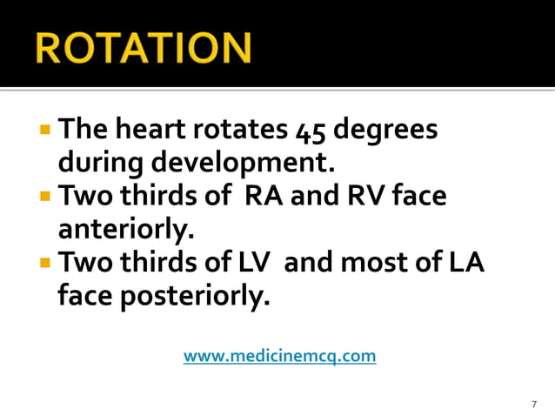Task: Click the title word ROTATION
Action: point(144,48)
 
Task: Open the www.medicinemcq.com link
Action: point(279,356)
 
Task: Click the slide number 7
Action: point(533,404)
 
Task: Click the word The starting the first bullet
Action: point(80,131)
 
